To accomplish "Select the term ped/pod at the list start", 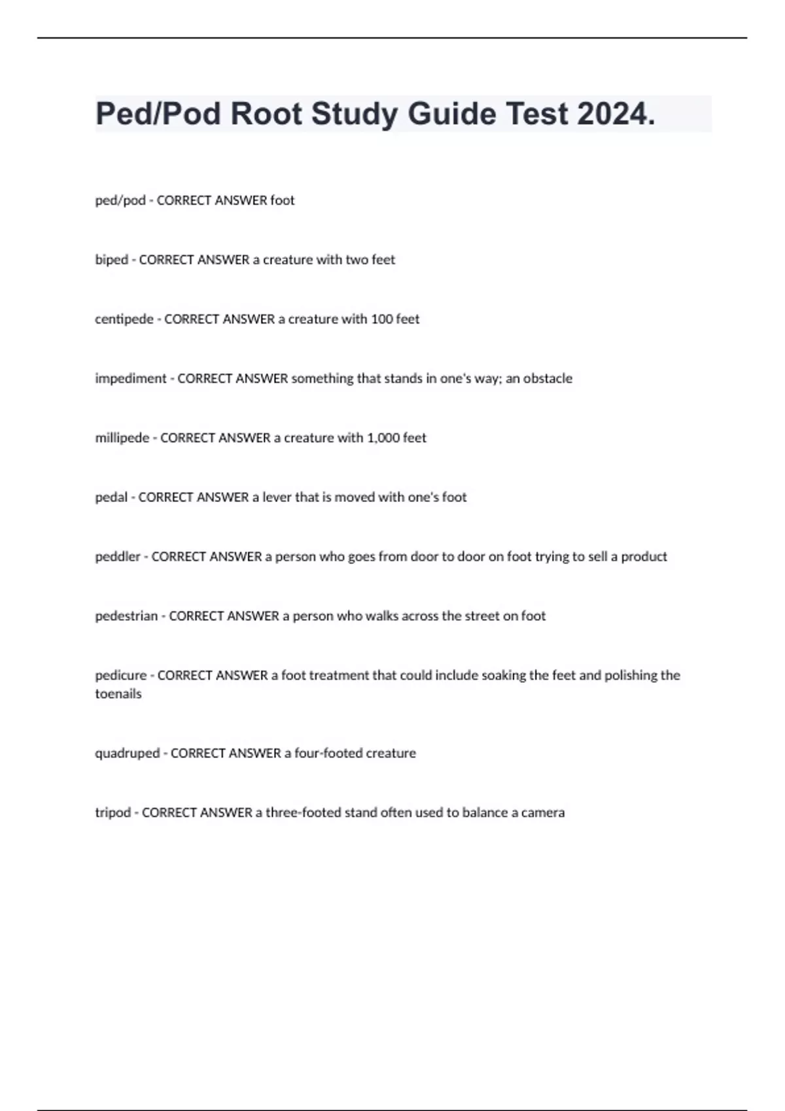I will tap(120, 200).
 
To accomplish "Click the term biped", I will tap(111, 259).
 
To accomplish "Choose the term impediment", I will tap(131, 378).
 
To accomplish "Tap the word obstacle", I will tap(548, 378).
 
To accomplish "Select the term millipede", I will tap(122, 438).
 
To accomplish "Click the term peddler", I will tap(118, 557).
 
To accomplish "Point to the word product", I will tap(644, 557).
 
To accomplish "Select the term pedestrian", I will tap(126, 616).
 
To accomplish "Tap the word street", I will tap(481, 616).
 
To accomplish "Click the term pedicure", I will tap(120, 675).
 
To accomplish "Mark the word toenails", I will tap(118, 694).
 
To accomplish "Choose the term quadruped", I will tap(127, 753).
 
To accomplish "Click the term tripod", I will tap(113, 812).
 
